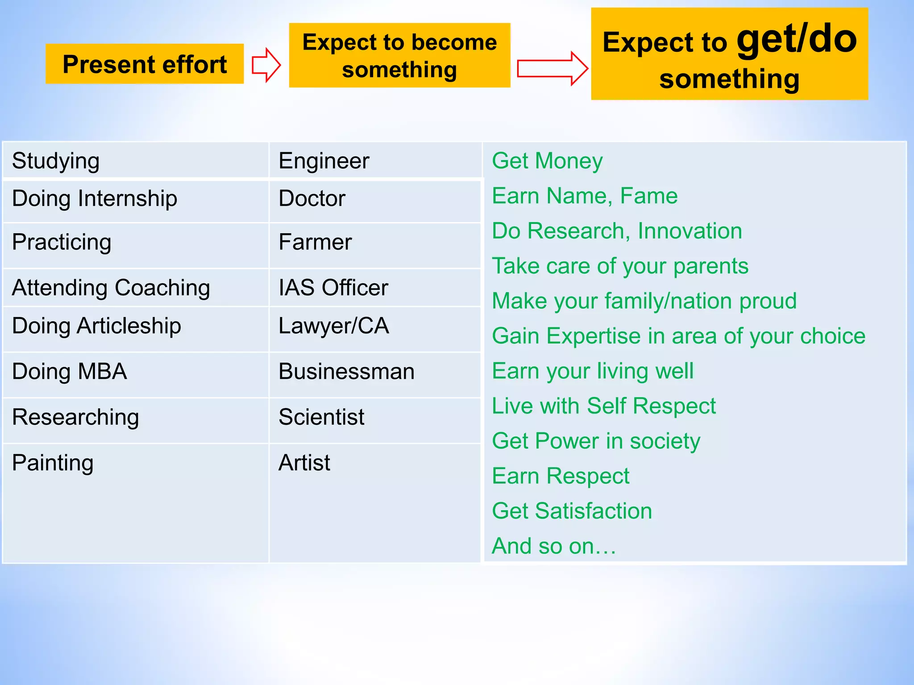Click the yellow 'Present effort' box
144,64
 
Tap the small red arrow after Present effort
266,65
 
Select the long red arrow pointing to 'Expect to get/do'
552,69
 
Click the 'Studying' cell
56,161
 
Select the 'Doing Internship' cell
95,198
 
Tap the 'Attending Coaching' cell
111,288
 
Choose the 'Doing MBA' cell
70,371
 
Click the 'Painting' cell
53,463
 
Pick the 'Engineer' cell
324,161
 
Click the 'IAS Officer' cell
333,288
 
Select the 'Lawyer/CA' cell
333,326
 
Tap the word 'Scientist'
321,417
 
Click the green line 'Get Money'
547,161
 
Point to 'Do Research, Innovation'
617,231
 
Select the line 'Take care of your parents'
620,266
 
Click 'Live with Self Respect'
603,406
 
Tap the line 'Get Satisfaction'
572,511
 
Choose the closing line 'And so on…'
553,546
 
